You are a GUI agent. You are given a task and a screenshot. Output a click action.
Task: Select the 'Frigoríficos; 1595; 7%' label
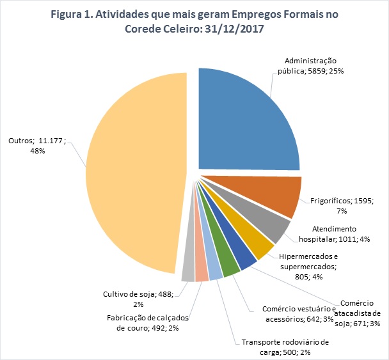click(346, 205)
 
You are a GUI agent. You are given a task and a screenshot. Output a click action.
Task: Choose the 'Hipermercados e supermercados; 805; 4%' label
click(311, 267)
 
